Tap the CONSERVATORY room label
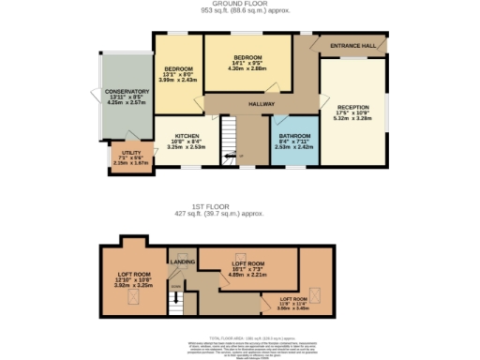tap(127, 92)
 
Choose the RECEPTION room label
tap(352, 107)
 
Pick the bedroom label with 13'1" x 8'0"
tap(178, 69)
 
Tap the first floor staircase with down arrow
tap(175, 301)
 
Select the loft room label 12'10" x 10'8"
tap(131, 277)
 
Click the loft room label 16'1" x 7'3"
tap(248, 264)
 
